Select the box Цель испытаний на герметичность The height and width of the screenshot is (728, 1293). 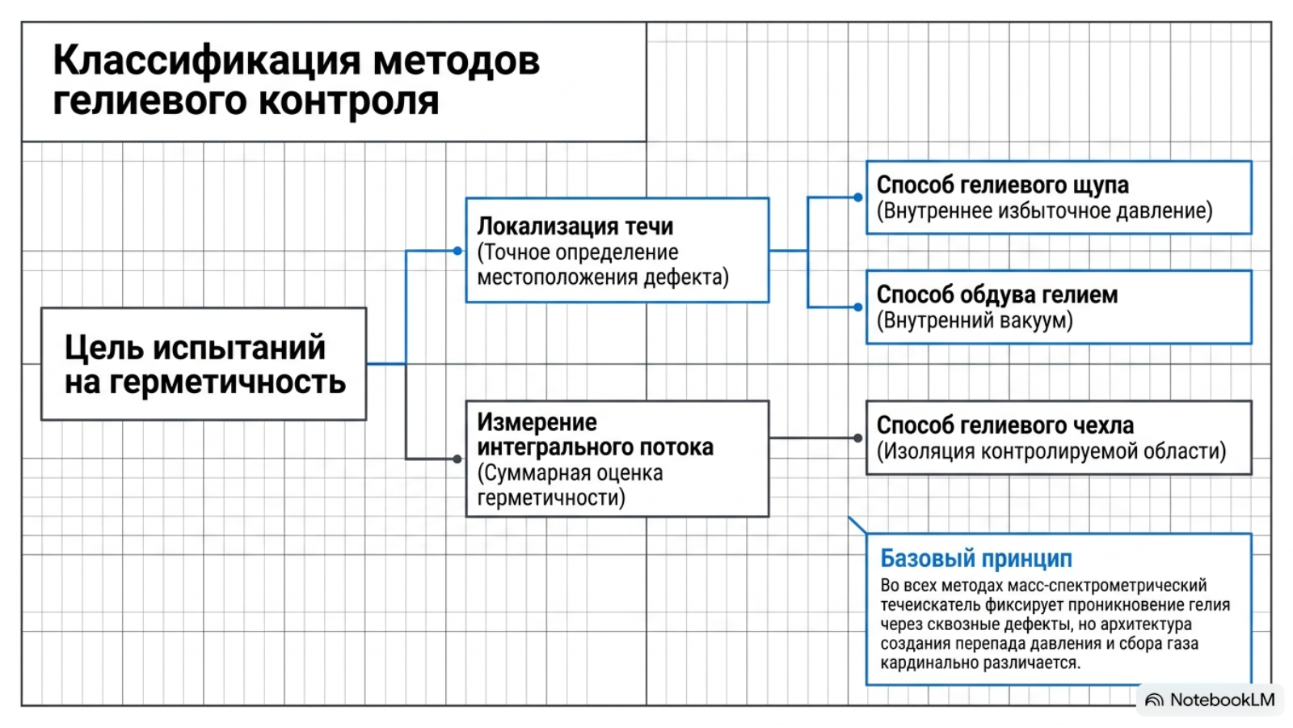point(204,364)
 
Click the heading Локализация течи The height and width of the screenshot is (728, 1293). point(575,226)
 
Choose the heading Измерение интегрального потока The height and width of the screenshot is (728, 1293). point(595,434)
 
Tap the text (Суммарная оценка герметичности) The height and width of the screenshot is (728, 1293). point(571,485)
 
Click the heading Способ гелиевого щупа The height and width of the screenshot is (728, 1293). point(1003,185)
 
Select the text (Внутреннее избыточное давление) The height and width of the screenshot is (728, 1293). point(1045,211)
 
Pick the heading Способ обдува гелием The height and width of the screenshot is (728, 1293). point(997,294)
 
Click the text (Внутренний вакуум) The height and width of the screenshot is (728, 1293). point(975,320)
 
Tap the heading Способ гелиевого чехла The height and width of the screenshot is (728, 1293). point(1005,425)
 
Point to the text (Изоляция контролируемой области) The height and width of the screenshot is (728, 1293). point(1051,451)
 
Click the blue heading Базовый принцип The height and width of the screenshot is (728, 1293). point(976,559)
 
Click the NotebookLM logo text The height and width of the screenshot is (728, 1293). point(1222,700)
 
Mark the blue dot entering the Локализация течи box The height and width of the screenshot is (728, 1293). point(457,251)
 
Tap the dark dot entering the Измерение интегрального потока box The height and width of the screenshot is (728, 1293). point(457,459)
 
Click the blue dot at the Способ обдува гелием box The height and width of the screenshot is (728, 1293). point(858,307)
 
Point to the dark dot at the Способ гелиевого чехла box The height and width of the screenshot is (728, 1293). point(858,438)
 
